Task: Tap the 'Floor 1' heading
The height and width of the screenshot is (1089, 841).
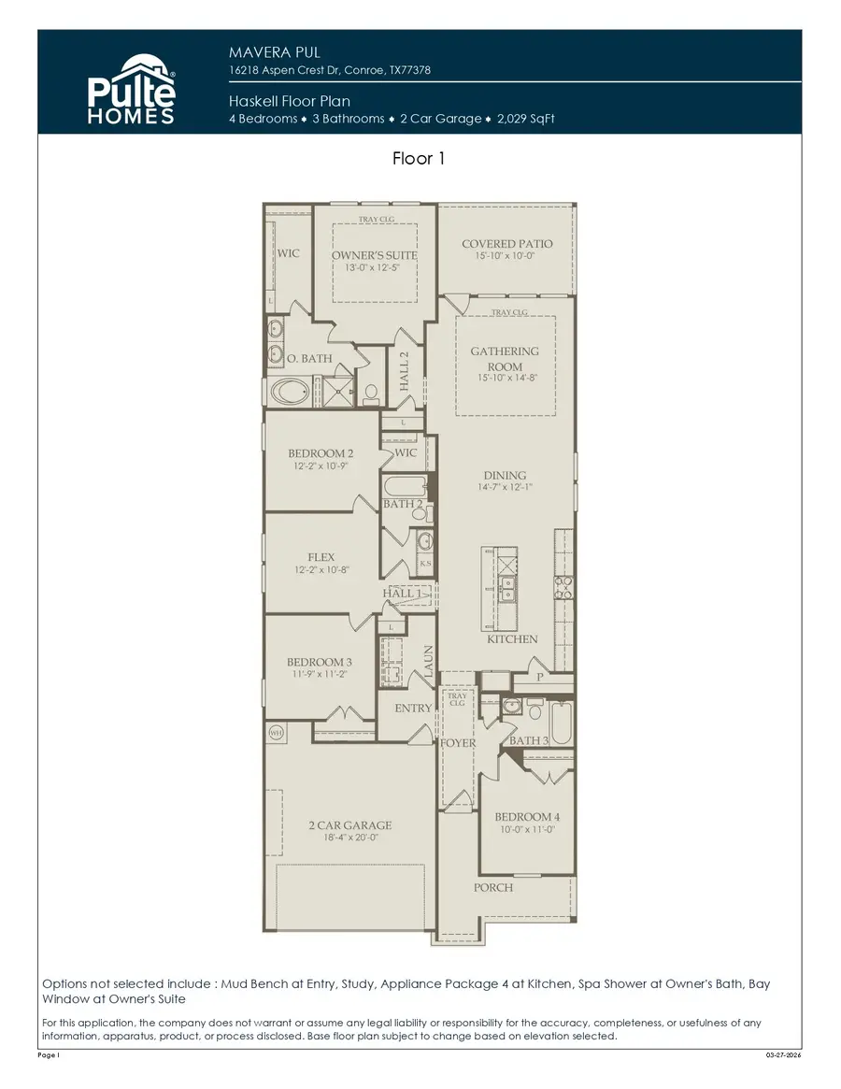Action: [x=419, y=159]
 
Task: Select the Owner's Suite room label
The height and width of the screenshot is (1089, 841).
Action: [x=374, y=255]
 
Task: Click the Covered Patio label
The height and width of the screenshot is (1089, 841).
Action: [x=506, y=244]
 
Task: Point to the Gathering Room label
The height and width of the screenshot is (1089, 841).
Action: [x=505, y=359]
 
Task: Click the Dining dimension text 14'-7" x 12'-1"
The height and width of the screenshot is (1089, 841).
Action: [x=505, y=487]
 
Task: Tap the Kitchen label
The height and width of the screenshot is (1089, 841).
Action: [x=512, y=639]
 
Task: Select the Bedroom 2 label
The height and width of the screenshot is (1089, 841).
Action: [x=321, y=453]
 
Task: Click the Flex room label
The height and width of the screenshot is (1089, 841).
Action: [x=321, y=557]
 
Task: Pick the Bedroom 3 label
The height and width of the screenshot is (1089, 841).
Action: [x=319, y=663]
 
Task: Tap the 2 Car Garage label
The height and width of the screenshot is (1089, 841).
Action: [x=350, y=825]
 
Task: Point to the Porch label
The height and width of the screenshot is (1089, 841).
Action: [x=492, y=887]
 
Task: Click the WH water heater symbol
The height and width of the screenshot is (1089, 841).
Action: [x=276, y=732]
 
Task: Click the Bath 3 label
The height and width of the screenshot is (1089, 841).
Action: [x=528, y=740]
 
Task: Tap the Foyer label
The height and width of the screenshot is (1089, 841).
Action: [x=458, y=743]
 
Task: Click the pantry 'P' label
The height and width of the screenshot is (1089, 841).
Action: [x=539, y=677]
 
